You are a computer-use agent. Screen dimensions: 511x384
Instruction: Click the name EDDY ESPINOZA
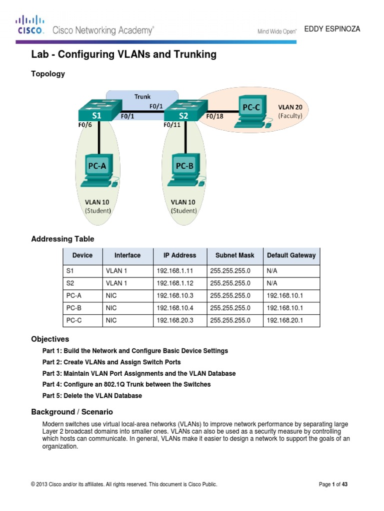(335, 29)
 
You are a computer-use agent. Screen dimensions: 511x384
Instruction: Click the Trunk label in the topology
(142, 96)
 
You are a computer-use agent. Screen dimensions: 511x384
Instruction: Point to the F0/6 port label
(84, 125)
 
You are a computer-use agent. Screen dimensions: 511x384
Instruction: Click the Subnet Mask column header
(234, 255)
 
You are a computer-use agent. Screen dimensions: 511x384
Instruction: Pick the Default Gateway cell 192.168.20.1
(284, 320)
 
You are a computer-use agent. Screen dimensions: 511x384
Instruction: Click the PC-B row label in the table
(73, 308)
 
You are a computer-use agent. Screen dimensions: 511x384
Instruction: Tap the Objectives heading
(50, 339)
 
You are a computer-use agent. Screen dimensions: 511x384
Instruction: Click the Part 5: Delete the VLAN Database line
(92, 396)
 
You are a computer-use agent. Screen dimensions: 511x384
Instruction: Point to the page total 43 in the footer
(344, 484)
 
